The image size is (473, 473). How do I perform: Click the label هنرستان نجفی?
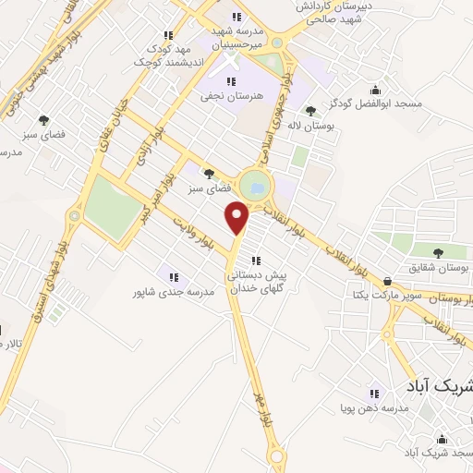[232, 95]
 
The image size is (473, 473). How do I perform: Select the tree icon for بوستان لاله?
[310, 112]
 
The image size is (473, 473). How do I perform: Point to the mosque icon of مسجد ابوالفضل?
[375, 91]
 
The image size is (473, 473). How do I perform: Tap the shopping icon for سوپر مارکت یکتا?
[387, 282]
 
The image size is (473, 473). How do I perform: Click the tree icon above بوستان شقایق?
[438, 252]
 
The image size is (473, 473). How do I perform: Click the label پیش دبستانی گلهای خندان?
[260, 282]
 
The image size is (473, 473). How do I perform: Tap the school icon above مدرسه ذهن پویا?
[374, 393]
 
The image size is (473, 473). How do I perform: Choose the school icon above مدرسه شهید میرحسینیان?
[236, 17]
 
